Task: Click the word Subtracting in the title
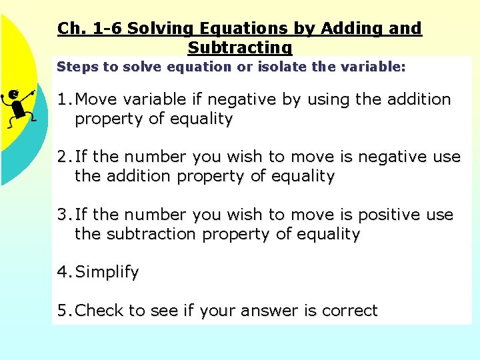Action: [240, 48]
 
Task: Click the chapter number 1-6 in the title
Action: [104, 29]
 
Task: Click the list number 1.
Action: [64, 100]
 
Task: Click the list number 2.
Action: [64, 157]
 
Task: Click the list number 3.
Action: [64, 215]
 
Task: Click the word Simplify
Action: [107, 272]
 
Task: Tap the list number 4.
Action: [64, 272]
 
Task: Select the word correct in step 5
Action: [350, 311]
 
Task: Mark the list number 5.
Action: [64, 311]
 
